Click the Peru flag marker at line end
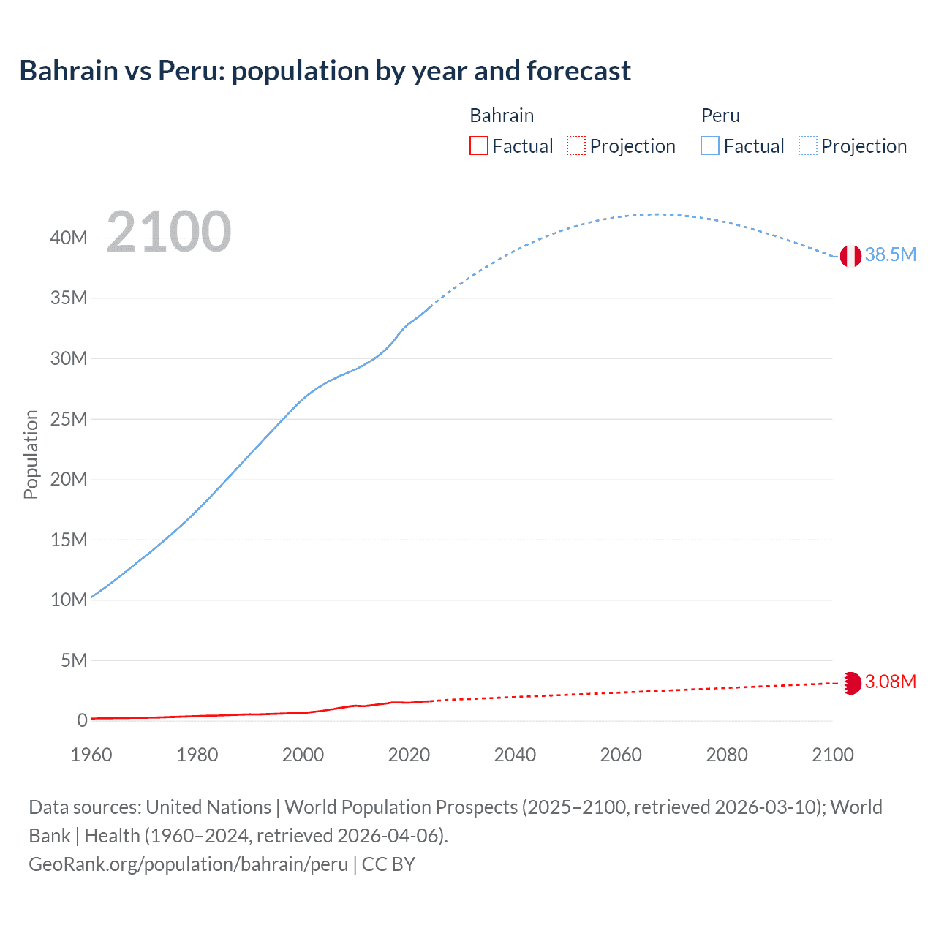tap(850, 256)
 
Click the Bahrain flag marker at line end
tap(850, 682)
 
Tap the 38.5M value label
tap(890, 254)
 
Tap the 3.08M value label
tap(890, 682)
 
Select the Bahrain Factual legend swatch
tap(478, 146)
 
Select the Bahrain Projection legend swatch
tap(576, 146)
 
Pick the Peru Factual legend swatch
tap(709, 146)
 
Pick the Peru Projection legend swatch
tap(808, 146)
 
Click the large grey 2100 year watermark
tap(169, 232)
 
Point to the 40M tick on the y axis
tap(69, 238)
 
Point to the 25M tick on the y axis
tap(69, 419)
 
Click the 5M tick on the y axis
tap(74, 660)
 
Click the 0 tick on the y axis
tap(82, 720)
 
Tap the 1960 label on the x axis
tap(91, 755)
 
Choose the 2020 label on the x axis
tap(409, 755)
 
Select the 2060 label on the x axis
tap(621, 755)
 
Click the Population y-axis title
tap(31, 454)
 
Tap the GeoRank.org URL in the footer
tap(188, 864)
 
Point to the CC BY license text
tap(388, 864)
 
